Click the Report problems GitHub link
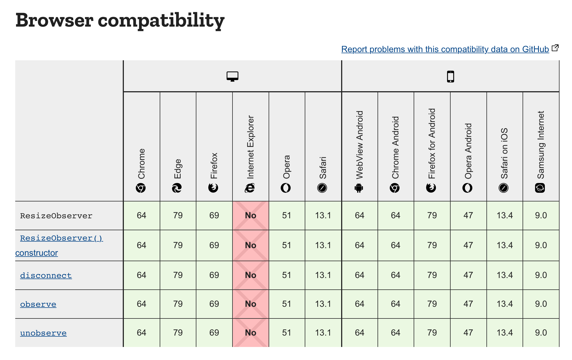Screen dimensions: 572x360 (445, 49)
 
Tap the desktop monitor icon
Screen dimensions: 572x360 (232, 77)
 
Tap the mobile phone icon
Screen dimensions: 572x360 (451, 77)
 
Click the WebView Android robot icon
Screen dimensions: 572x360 (359, 188)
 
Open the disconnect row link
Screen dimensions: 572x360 (46, 275)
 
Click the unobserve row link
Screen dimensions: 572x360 (43, 333)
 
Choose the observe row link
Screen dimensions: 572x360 (38, 304)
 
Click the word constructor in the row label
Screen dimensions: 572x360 (37, 253)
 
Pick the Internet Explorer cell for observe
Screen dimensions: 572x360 (251, 304)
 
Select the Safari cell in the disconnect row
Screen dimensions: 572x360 (323, 275)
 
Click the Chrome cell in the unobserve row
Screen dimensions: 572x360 (142, 333)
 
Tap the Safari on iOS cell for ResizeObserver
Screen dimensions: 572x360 (505, 216)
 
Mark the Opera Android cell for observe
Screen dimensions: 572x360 (468, 304)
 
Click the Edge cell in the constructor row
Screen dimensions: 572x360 (178, 245)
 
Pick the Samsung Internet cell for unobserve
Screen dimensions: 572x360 (541, 333)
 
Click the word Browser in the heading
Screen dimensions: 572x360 (55, 20)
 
